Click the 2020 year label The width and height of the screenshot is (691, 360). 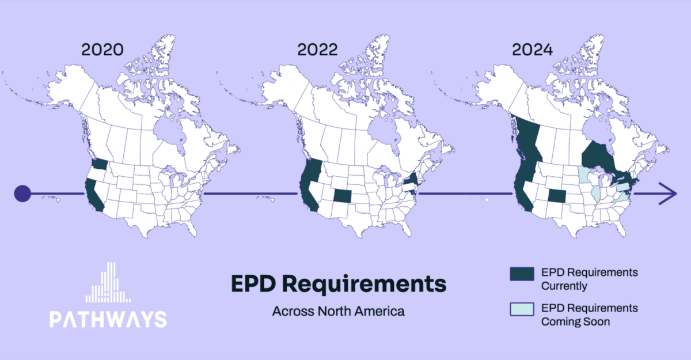[x=102, y=50]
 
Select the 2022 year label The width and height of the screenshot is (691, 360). [x=317, y=50]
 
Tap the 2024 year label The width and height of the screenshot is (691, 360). [x=533, y=50]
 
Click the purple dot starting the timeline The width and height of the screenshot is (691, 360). [x=22, y=194]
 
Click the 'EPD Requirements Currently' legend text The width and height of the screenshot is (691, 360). [x=589, y=279]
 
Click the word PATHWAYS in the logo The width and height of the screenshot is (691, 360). [x=108, y=320]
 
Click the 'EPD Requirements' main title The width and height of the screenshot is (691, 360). [x=339, y=284]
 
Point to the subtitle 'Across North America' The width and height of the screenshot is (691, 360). [x=339, y=312]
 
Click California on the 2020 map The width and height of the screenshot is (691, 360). [x=94, y=195]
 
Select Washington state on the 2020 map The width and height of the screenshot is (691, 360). [x=99, y=164]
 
